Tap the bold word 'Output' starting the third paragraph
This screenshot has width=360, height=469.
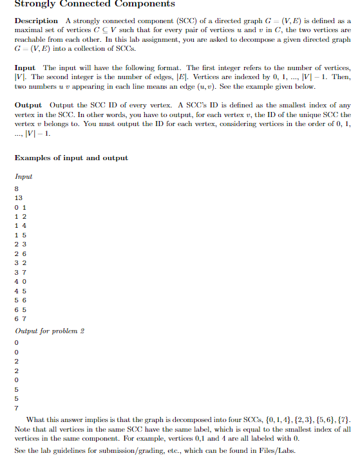pyautogui.click(x=28, y=105)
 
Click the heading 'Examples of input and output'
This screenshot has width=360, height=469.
pyautogui.click(x=71, y=158)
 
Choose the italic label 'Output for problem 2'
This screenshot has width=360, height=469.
pyautogui.click(x=50, y=331)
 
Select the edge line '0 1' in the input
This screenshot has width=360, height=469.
pyautogui.click(x=19, y=207)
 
